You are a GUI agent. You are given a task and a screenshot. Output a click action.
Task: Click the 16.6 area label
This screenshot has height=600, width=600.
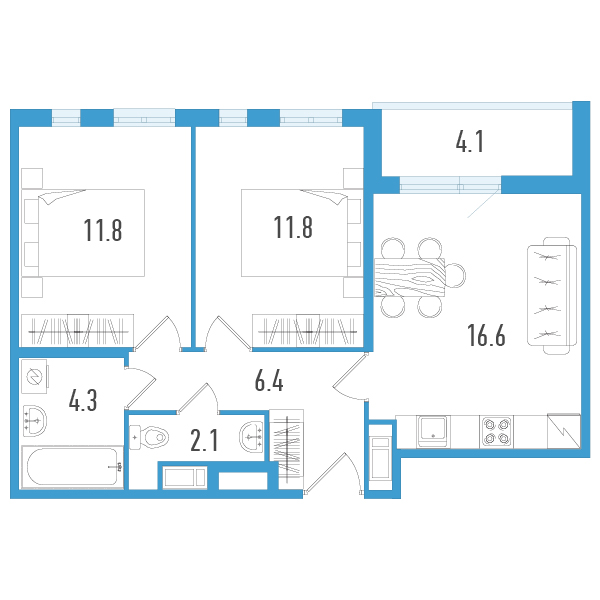(486, 335)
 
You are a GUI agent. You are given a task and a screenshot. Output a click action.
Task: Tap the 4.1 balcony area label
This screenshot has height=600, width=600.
(470, 143)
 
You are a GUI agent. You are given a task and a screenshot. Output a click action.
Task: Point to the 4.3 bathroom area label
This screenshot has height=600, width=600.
(83, 402)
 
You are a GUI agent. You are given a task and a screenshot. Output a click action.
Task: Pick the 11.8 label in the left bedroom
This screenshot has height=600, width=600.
(103, 231)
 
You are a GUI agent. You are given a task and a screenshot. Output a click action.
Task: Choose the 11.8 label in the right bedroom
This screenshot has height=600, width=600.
(293, 229)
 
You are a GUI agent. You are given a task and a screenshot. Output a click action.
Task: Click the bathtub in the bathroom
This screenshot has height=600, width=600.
(72, 467)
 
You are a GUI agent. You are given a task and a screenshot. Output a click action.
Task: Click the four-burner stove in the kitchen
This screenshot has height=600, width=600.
(497, 431)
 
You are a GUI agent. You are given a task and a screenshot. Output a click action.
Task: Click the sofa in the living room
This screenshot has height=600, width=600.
(549, 295)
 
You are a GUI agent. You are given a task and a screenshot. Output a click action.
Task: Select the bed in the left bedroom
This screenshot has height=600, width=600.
(92, 232)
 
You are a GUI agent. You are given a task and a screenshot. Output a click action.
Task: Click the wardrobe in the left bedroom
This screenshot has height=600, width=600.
(78, 329)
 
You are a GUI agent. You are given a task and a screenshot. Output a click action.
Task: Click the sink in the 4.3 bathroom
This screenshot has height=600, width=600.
(35, 421)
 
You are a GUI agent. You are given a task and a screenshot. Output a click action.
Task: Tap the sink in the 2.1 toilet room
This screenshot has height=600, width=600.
(252, 435)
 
